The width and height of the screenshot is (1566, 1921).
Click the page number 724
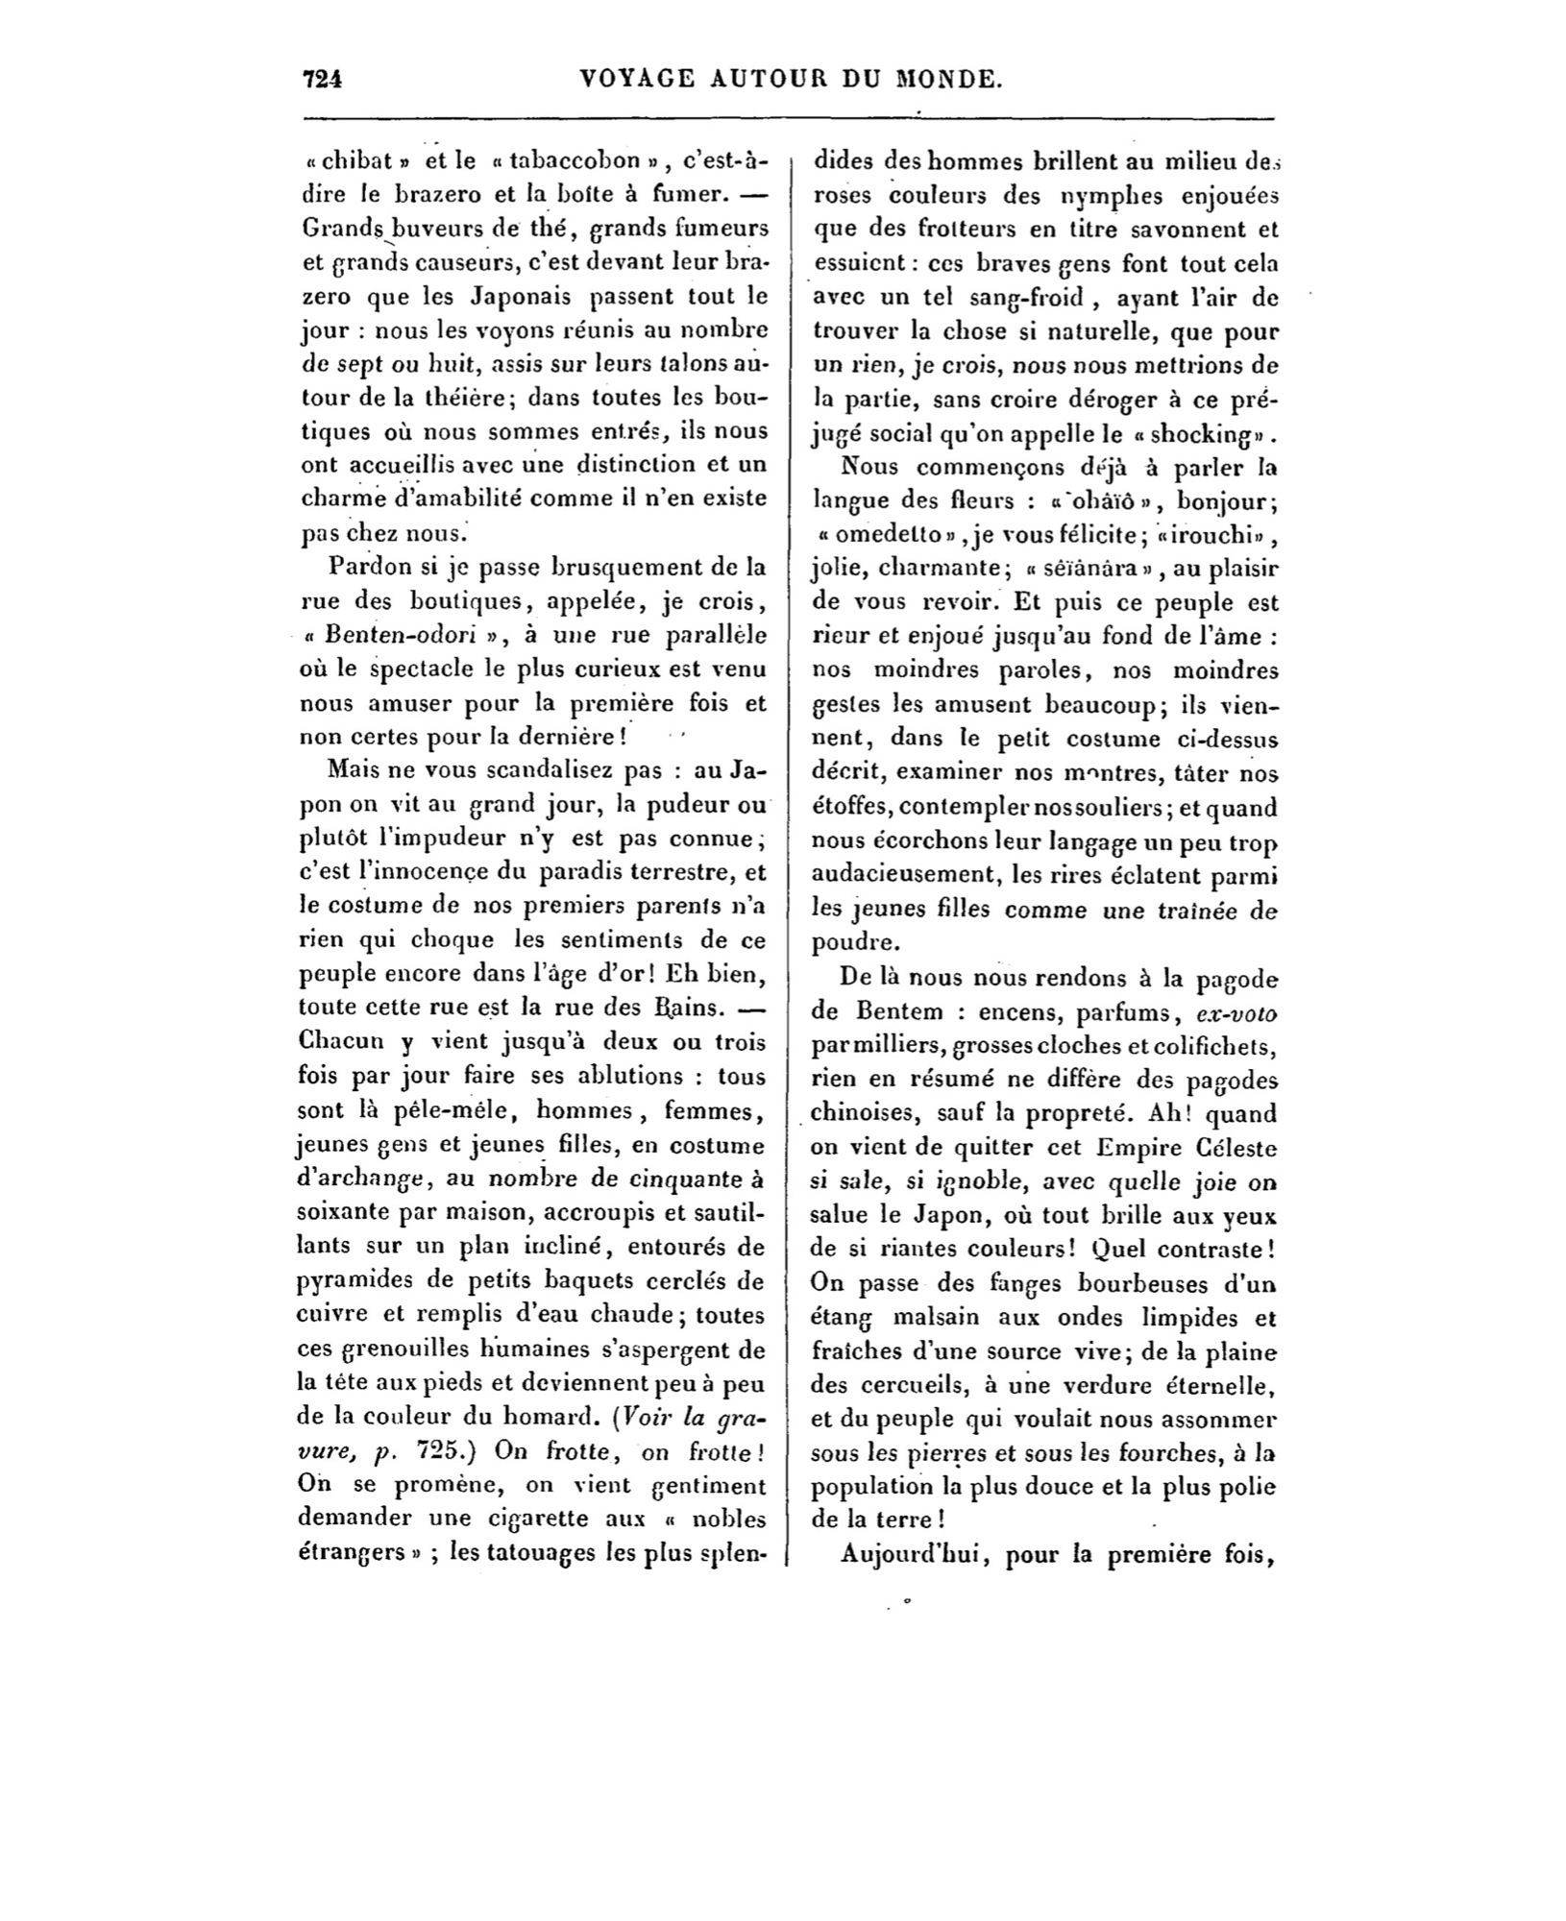pos(323,80)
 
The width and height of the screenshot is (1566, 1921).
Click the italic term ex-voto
pos(1236,1012)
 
